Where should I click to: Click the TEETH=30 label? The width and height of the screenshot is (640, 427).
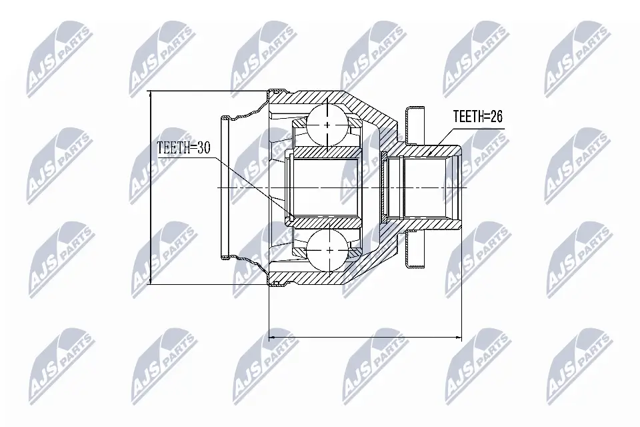[x=183, y=147]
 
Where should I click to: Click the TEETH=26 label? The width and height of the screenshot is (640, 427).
[x=477, y=117]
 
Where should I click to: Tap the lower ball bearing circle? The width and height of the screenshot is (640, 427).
[x=329, y=250]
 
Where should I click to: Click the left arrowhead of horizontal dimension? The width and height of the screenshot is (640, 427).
[x=271, y=338]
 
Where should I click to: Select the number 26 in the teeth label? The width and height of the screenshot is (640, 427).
[x=494, y=117]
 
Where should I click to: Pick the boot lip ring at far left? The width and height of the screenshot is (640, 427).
[x=225, y=187]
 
